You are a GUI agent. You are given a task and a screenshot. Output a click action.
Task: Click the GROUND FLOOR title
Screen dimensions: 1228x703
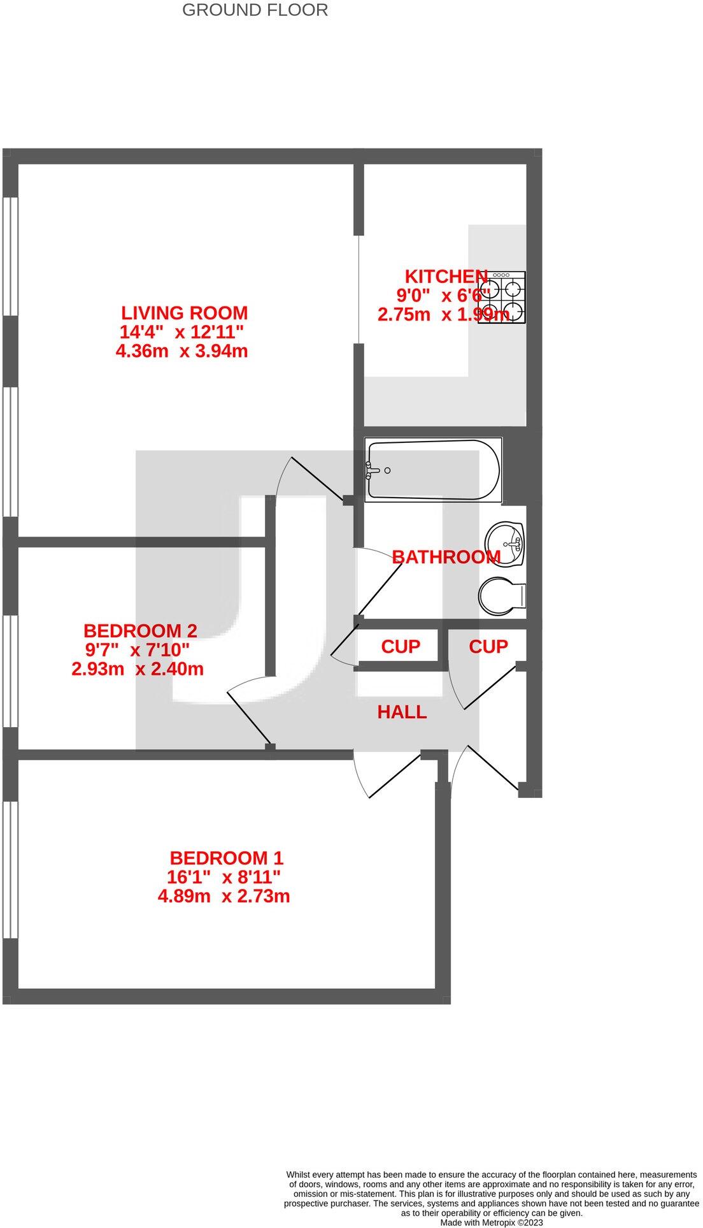pos(255,10)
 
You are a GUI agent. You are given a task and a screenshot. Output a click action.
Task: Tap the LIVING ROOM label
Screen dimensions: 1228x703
pos(184,313)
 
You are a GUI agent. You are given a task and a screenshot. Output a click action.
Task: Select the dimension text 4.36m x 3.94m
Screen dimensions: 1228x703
pos(181,351)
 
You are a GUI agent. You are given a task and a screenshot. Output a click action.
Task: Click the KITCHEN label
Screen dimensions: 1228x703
pos(446,277)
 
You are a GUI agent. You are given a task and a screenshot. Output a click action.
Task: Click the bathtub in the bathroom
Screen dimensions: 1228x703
pos(433,470)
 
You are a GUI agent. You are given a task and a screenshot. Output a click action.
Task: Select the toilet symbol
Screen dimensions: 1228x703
pos(501,596)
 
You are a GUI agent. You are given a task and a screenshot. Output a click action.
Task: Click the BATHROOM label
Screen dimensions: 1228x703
pos(446,557)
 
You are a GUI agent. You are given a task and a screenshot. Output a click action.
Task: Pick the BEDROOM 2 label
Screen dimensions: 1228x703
pos(140,631)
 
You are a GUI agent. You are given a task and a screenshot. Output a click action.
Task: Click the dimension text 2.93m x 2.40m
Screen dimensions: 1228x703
pos(138,669)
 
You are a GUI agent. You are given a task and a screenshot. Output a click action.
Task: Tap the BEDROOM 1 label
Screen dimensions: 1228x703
pos(226,858)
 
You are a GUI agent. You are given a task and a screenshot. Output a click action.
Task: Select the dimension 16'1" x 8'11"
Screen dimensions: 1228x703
pos(224,877)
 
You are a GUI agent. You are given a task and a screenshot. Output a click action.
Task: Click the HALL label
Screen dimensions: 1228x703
pos(402,712)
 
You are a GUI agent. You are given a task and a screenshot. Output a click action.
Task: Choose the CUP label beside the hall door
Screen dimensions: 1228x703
pos(488,647)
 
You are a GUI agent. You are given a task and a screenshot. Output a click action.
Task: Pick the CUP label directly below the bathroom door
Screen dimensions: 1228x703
pos(401,647)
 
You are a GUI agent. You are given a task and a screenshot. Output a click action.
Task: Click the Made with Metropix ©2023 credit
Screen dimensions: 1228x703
pos(491,1222)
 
